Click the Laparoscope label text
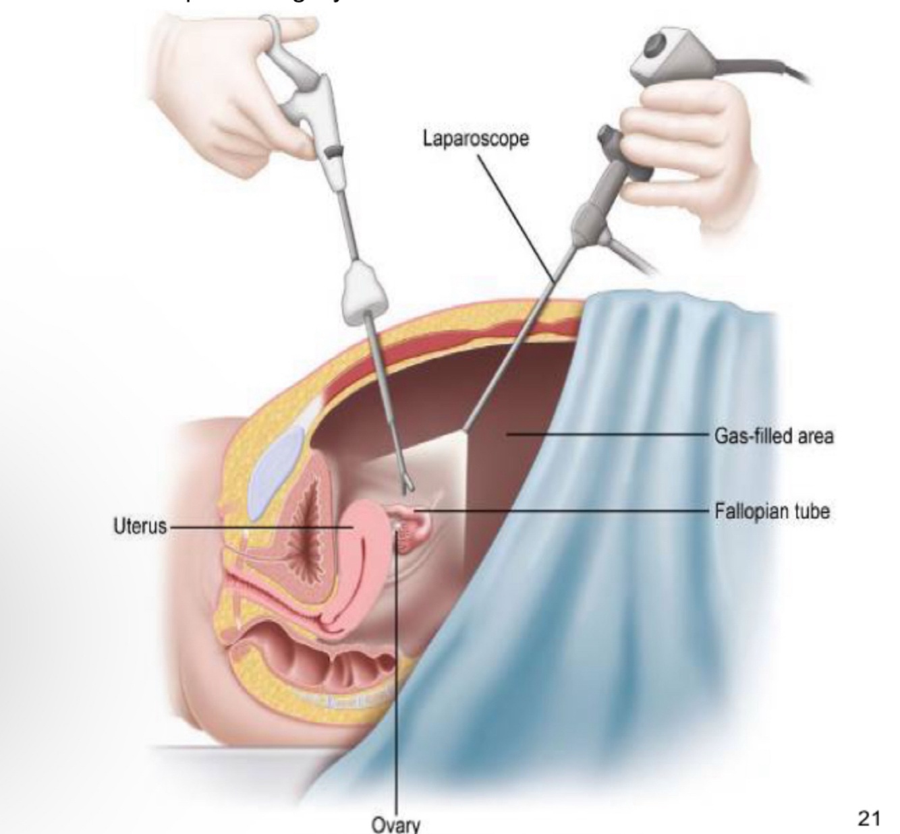(476, 139)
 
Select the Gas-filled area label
(774, 436)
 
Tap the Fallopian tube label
(772, 512)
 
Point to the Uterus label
(140, 527)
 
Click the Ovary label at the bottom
(395, 824)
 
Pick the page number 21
(869, 818)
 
